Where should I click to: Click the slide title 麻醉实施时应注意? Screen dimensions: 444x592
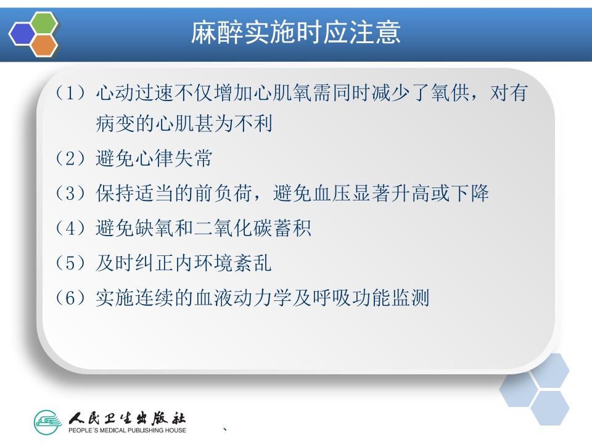(295, 32)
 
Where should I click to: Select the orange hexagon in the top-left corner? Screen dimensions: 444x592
(44, 45)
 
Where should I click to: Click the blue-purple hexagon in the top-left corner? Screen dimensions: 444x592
(23, 33)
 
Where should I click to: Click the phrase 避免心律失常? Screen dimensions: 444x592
(154, 158)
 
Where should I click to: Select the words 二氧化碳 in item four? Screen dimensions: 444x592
(242, 229)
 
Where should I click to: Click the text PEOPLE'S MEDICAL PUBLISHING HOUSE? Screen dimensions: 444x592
(127, 430)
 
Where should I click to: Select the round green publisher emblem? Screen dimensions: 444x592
(49, 422)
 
